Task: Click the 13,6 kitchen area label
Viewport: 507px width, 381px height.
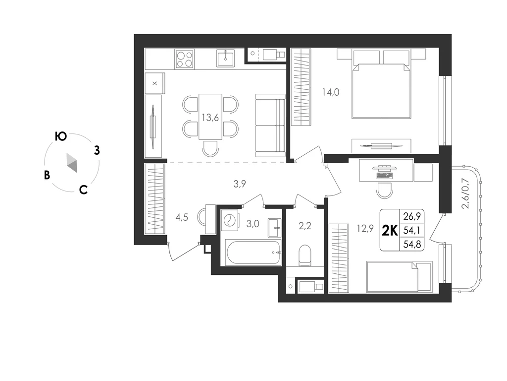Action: (x=210, y=118)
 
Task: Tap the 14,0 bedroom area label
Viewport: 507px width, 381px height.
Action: (x=330, y=92)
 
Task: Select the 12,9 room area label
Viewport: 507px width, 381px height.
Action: (x=365, y=229)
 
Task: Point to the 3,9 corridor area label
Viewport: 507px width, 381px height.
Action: (x=240, y=184)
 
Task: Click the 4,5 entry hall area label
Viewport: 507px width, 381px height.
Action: (x=182, y=217)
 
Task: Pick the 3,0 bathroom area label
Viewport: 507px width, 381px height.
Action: (x=253, y=224)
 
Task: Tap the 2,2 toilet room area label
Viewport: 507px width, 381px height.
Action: (x=304, y=226)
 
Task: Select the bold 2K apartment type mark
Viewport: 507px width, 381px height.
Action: (x=390, y=230)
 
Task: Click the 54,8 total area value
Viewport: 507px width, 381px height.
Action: (x=412, y=244)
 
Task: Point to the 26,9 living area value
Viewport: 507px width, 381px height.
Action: (x=412, y=216)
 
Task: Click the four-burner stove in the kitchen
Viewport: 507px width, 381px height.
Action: (x=185, y=60)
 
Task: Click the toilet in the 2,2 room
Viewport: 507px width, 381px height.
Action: (x=304, y=255)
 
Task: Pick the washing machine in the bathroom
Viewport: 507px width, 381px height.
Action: (x=230, y=220)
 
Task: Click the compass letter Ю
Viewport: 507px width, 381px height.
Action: (x=61, y=137)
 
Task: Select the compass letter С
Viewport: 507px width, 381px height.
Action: (x=83, y=190)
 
